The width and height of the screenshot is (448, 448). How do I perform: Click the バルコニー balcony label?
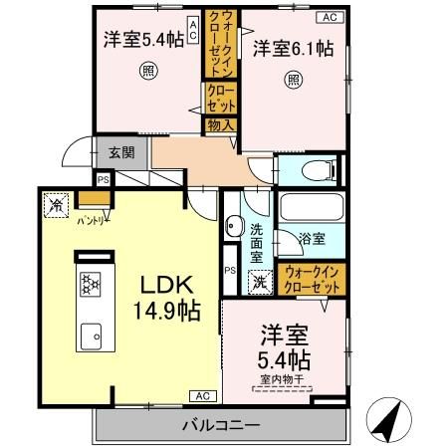[x=221, y=425]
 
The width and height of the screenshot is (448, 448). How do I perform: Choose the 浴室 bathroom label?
[x=312, y=239]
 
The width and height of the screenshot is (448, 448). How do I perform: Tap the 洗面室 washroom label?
[x=256, y=242]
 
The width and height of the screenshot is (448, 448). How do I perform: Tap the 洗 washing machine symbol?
[x=258, y=282]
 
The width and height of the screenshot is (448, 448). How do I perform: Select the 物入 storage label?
[x=220, y=125]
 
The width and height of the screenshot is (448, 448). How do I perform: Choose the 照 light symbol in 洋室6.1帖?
[x=293, y=80]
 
